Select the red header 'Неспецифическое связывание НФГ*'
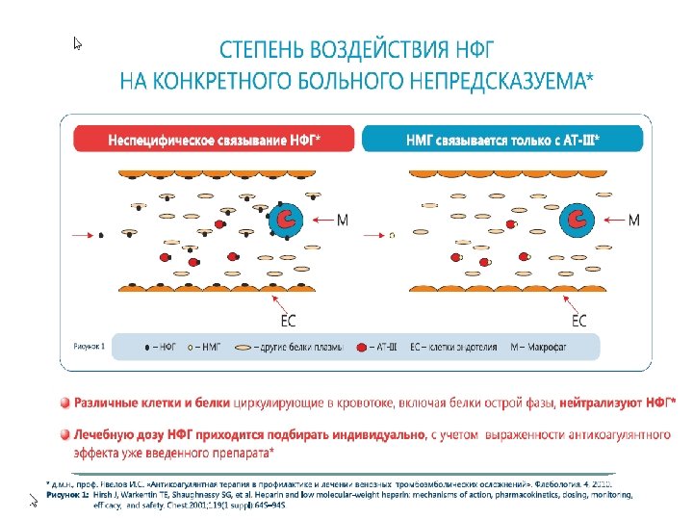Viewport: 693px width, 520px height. (215, 140)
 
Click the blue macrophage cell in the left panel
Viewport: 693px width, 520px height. (288, 221)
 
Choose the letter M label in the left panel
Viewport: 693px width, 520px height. (343, 221)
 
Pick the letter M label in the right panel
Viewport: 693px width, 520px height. (633, 221)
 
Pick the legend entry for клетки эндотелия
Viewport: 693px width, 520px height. (454, 344)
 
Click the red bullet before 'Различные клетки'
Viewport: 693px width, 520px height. (64, 402)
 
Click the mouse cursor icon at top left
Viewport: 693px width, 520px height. (79, 42)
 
